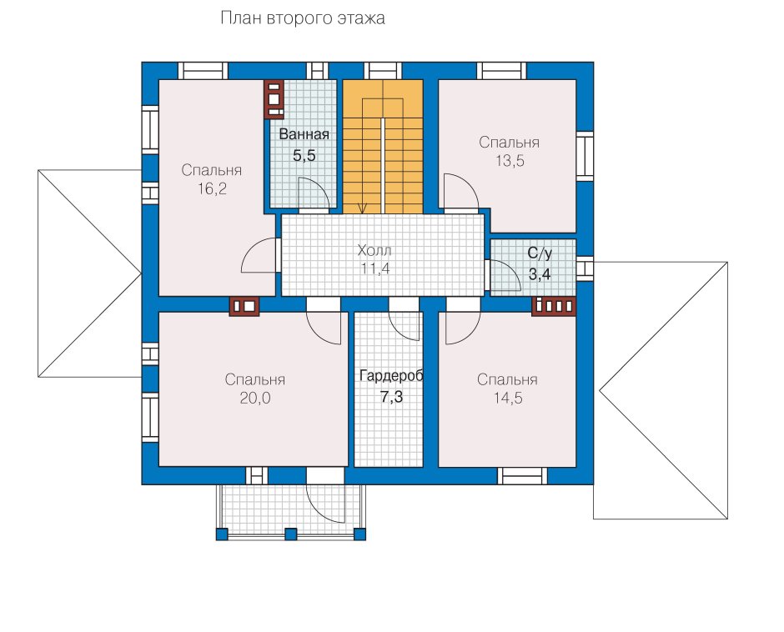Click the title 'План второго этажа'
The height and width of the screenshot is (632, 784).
click(x=303, y=18)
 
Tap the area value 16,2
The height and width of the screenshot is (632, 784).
click(x=212, y=189)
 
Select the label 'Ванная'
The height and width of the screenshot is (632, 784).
click(x=304, y=134)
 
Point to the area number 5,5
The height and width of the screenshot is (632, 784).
click(x=304, y=156)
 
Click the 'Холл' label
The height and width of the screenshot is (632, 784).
click(x=374, y=250)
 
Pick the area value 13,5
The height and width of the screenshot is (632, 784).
click(x=510, y=161)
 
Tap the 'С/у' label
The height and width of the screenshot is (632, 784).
click(x=540, y=253)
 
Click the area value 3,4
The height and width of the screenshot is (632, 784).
click(x=540, y=274)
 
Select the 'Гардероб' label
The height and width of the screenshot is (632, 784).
click(x=391, y=377)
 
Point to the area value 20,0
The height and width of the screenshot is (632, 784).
click(x=255, y=399)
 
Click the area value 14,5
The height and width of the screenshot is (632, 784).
click(x=508, y=399)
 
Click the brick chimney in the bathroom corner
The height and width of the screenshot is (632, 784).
click(x=274, y=100)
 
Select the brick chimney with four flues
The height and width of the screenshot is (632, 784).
click(x=554, y=306)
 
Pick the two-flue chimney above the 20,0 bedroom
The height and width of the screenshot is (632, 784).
click(x=244, y=306)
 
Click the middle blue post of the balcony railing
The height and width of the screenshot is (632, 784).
click(x=290, y=534)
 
